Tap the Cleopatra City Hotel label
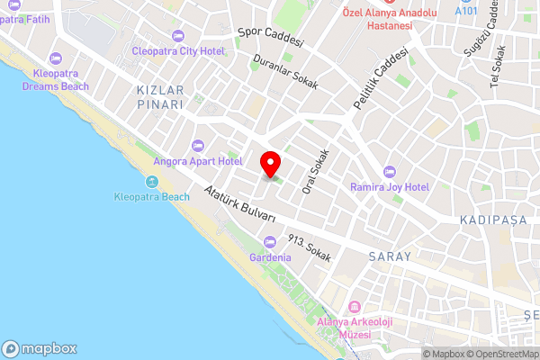[178, 51]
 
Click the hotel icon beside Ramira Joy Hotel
[390, 171]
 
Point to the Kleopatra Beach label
[152, 196]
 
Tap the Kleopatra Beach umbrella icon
[152, 182]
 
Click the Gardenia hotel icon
[271, 241]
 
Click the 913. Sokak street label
[309, 249]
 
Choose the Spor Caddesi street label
[271, 38]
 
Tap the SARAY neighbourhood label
[390, 256]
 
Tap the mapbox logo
[40, 348]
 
